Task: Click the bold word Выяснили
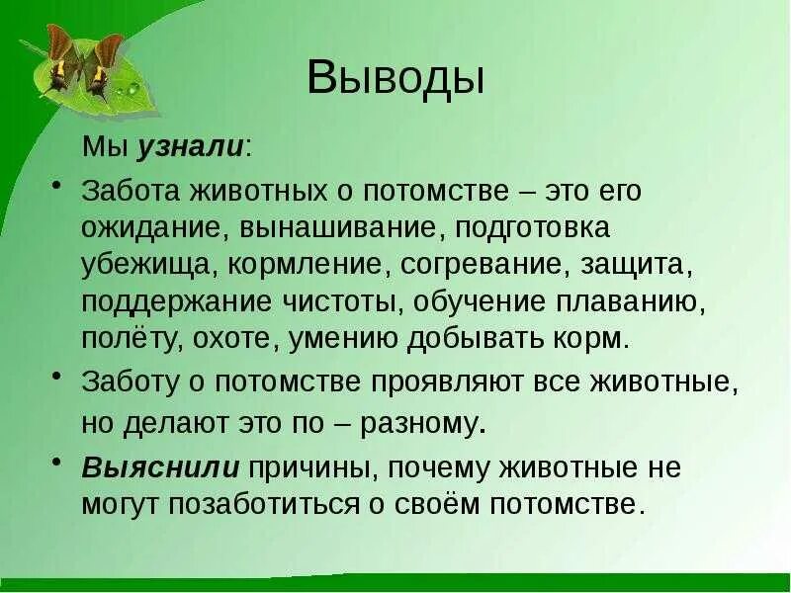(160, 466)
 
